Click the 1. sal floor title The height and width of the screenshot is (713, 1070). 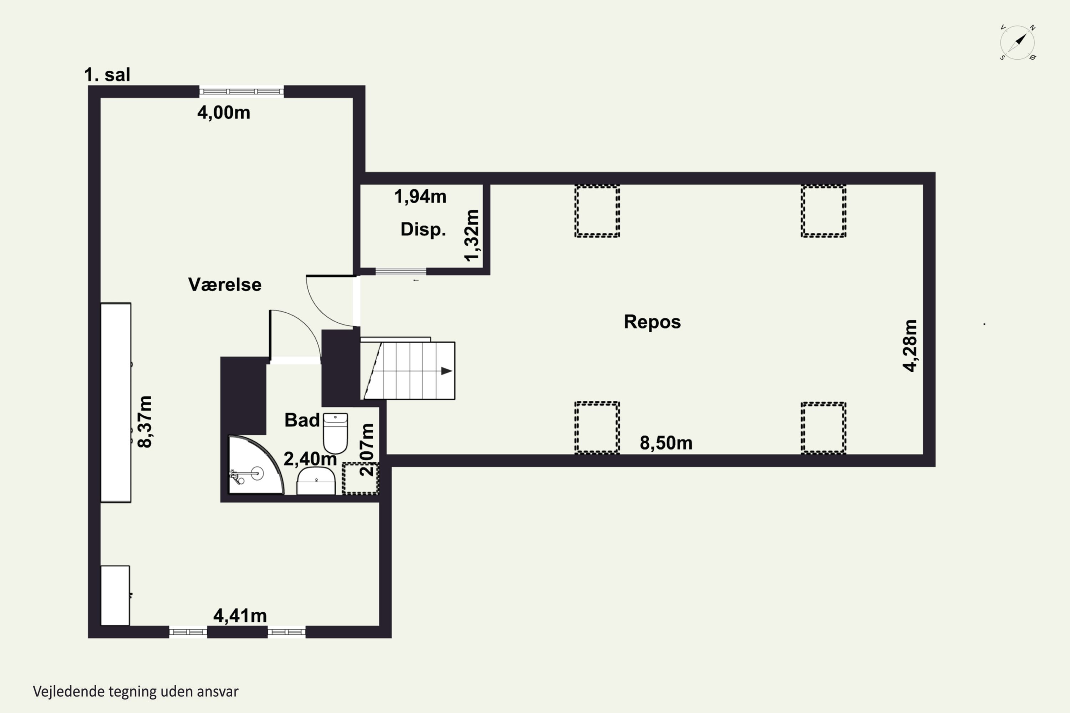point(107,75)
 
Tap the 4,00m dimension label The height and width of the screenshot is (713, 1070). point(223,112)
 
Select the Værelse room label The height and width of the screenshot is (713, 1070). point(225,284)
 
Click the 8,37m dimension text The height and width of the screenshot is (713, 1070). point(145,421)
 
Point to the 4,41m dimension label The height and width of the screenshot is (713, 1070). point(240,616)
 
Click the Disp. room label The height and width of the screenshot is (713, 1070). point(423,230)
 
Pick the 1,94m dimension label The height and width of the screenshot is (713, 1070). point(420,196)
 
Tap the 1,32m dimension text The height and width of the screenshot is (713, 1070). point(472,236)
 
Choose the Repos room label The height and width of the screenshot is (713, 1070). point(652,322)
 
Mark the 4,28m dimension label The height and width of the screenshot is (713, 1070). point(910,345)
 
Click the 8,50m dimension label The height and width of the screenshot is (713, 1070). point(666,443)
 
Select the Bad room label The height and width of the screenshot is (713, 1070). point(302,420)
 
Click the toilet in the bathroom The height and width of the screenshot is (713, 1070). point(335,433)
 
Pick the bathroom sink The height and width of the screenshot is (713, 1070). point(316,481)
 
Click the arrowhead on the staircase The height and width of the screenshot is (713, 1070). point(446,371)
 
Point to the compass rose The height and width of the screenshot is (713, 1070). point(1017,43)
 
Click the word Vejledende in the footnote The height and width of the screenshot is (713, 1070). point(69,692)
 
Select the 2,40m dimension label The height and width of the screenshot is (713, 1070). point(310,459)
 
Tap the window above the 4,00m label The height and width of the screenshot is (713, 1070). point(241,91)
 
